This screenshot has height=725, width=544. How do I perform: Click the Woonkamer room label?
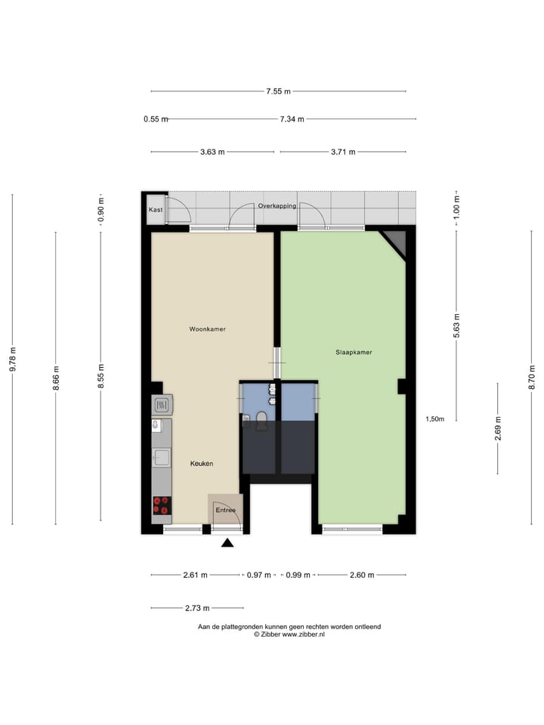208,329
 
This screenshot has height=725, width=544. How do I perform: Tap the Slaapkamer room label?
354,352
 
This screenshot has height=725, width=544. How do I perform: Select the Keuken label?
201,464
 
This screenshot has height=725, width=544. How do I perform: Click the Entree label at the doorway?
225,511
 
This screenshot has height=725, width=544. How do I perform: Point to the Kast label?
156,210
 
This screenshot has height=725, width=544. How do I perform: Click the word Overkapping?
277,205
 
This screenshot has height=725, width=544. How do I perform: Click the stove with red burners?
161,505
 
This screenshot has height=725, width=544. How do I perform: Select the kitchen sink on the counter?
162,457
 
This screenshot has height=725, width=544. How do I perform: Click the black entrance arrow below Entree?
227,541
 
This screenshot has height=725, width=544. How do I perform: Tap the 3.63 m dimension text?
212,152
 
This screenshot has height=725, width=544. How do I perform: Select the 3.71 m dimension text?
343,152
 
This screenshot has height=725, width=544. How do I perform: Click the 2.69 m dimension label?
497,428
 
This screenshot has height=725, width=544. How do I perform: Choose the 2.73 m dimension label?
197,608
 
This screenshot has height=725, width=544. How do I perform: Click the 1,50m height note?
434,419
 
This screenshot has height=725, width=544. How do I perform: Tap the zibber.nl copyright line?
289,635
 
